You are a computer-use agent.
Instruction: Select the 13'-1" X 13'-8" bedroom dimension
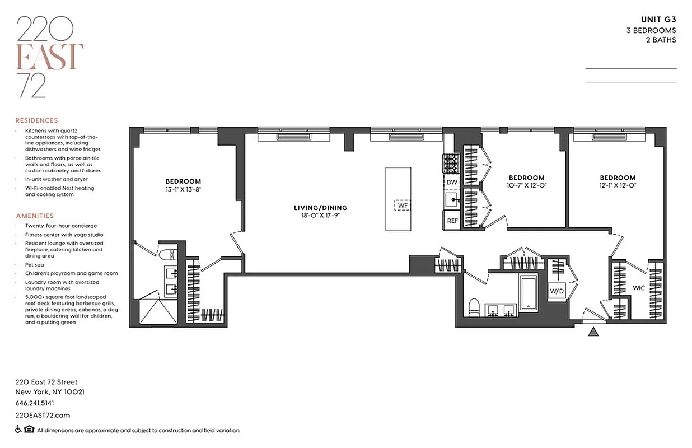click(183, 190)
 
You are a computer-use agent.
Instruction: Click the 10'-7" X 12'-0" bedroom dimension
click(526, 185)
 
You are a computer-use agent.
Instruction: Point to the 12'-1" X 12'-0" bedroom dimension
click(618, 185)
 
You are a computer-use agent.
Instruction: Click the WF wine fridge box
click(402, 206)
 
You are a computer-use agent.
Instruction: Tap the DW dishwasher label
click(451, 183)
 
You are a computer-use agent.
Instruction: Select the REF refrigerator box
click(452, 221)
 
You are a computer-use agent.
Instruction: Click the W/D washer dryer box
click(557, 291)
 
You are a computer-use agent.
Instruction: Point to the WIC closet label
click(639, 288)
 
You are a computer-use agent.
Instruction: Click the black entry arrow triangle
click(593, 332)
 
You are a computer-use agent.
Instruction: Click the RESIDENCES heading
click(36, 120)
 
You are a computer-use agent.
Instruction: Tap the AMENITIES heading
click(35, 216)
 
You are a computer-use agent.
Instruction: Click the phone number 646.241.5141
click(35, 403)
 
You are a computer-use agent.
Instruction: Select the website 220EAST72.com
click(43, 415)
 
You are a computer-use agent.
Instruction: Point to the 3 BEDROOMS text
click(651, 30)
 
